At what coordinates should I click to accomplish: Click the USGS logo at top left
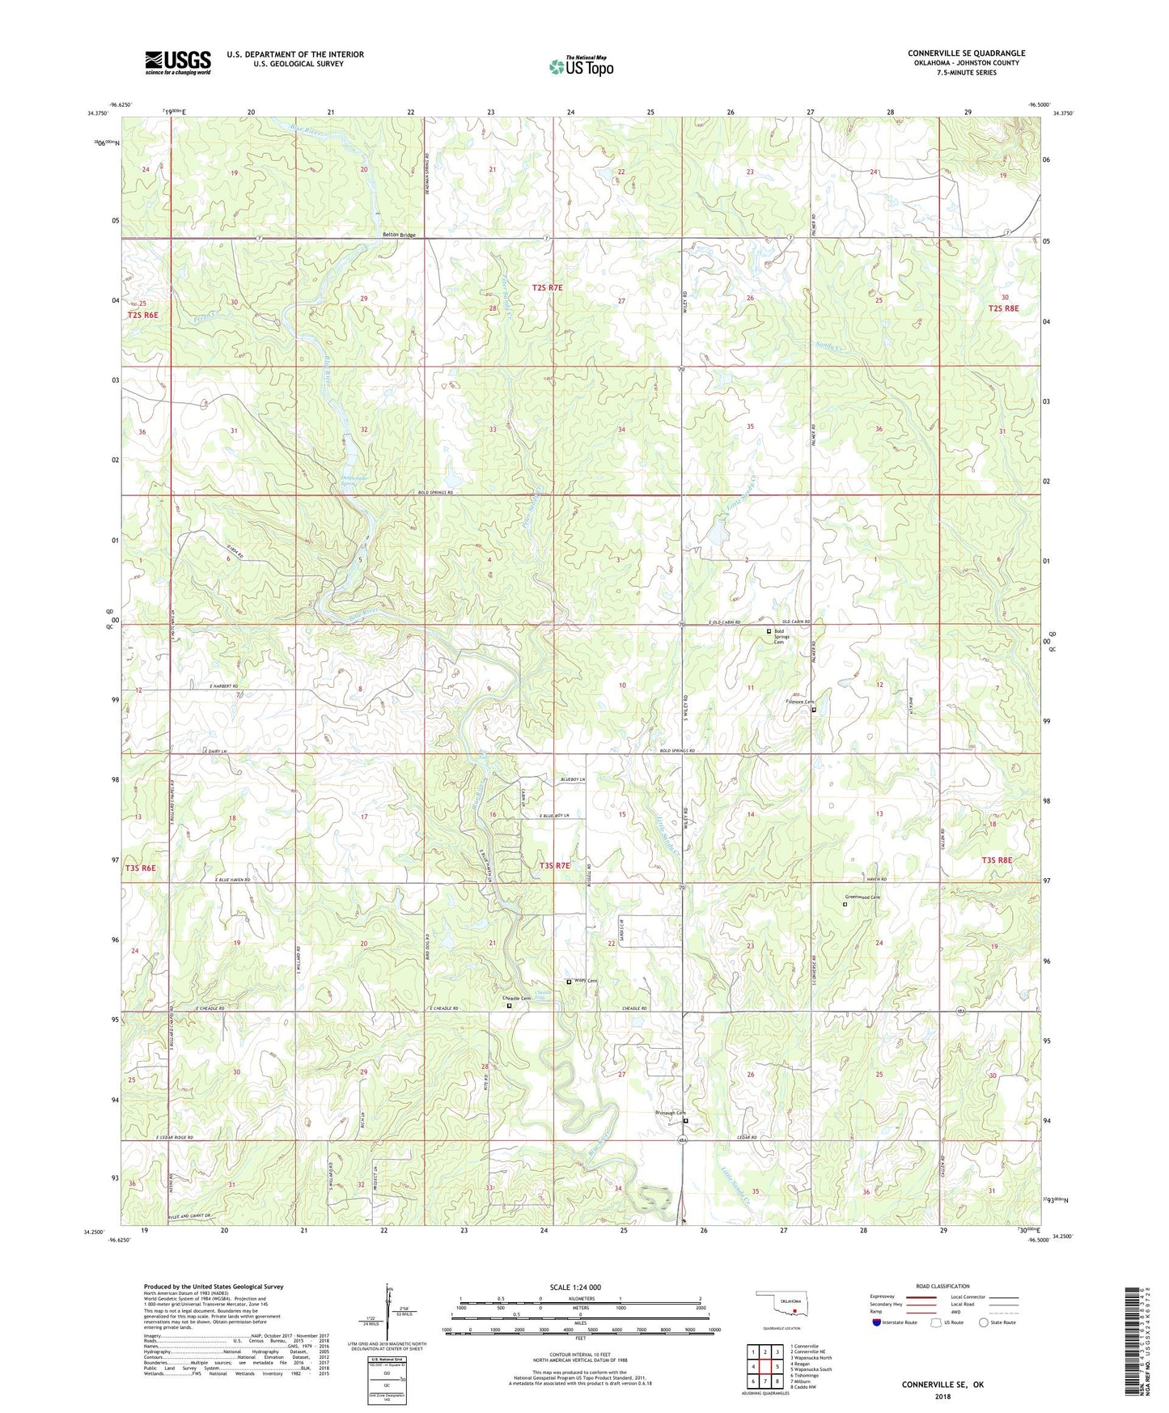pos(178,62)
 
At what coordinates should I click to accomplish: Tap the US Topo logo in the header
pos(582,66)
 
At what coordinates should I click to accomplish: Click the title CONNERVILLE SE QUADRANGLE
pos(966,53)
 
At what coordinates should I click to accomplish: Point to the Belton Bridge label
pos(399,235)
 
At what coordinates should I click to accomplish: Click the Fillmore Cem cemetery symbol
pos(814,710)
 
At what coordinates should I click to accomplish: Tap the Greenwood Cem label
pos(862,897)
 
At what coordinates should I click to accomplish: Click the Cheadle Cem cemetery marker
pos(509,1006)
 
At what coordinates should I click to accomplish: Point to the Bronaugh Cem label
pos(670,1113)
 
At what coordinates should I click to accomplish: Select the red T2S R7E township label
pos(547,287)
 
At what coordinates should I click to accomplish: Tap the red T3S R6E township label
pos(141,868)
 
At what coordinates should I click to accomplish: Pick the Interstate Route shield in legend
pos(878,1322)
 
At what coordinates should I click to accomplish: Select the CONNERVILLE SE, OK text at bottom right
pos(942,1385)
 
